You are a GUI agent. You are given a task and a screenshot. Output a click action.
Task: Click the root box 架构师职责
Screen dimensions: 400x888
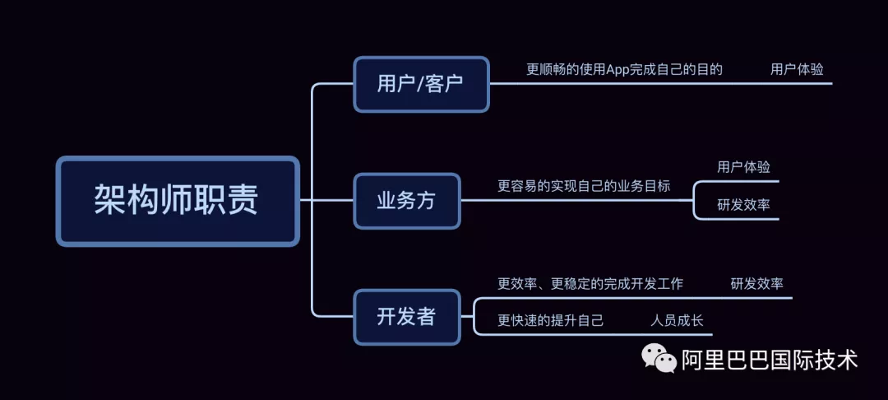[x=177, y=201]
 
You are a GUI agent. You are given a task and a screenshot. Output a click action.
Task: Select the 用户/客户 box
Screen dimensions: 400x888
[x=421, y=84]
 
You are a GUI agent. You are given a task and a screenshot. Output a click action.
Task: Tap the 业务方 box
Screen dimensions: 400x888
[x=406, y=201]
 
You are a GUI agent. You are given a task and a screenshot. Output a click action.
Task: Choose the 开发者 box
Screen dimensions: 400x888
[x=406, y=317]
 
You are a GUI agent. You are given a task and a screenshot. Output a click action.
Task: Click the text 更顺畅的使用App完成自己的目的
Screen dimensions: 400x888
[x=624, y=70]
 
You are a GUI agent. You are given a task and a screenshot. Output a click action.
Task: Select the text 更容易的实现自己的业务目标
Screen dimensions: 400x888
[x=584, y=186]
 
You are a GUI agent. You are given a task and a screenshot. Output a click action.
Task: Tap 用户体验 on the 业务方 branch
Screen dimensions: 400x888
[x=743, y=167]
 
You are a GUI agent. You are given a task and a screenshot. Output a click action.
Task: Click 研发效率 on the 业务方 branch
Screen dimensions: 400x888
[x=743, y=205]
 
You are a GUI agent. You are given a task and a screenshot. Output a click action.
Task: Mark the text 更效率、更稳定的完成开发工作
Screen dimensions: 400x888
[x=590, y=284]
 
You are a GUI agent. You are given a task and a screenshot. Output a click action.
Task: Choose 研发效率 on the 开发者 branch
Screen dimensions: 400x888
[x=756, y=284]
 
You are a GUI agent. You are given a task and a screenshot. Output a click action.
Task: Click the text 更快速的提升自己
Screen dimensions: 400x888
[x=550, y=320]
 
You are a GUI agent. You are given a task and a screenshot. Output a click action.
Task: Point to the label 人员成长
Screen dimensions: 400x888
[x=677, y=320]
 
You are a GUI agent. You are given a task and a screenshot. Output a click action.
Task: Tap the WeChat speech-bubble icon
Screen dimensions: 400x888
[x=659, y=358]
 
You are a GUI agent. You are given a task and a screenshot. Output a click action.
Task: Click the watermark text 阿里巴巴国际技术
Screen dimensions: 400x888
[x=770, y=360]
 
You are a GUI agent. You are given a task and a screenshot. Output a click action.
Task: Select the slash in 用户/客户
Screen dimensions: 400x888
[x=421, y=84]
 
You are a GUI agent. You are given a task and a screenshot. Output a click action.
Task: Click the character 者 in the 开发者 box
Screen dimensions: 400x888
[x=426, y=317]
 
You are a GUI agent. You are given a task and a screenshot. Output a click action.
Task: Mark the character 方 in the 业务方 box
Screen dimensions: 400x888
[x=426, y=201]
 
